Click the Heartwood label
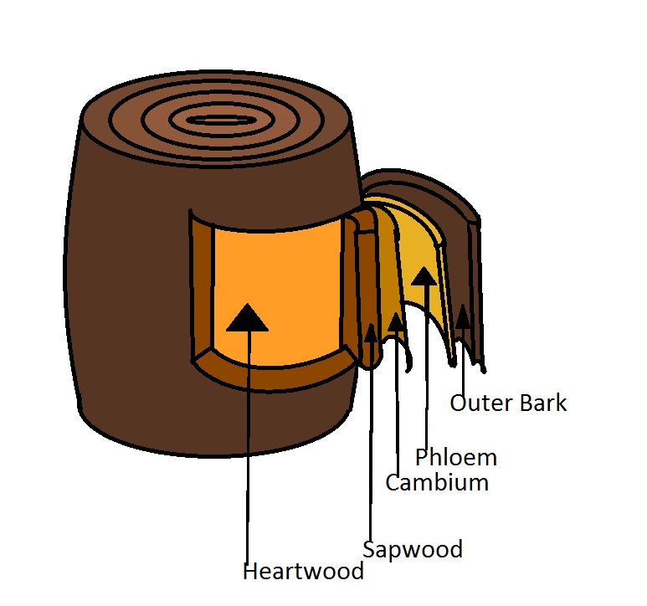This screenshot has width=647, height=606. (x=303, y=572)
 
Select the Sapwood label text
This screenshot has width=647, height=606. (x=412, y=550)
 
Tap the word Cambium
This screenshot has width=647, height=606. (x=436, y=483)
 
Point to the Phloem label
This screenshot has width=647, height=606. (x=455, y=458)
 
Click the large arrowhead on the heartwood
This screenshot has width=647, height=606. (x=248, y=317)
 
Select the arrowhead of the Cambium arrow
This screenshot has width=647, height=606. (x=395, y=321)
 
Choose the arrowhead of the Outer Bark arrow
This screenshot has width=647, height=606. (x=461, y=316)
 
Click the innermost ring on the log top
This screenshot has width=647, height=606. (x=216, y=120)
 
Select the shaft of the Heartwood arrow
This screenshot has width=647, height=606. (x=248, y=444)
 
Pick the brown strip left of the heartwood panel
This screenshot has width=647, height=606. (x=201, y=285)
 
